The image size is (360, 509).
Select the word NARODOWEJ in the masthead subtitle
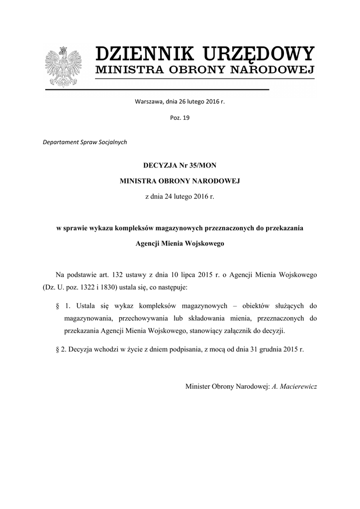(275, 70)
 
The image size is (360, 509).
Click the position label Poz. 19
(180, 118)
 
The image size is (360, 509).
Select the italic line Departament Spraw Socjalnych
(85, 142)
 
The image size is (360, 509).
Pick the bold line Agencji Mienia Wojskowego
(180, 244)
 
